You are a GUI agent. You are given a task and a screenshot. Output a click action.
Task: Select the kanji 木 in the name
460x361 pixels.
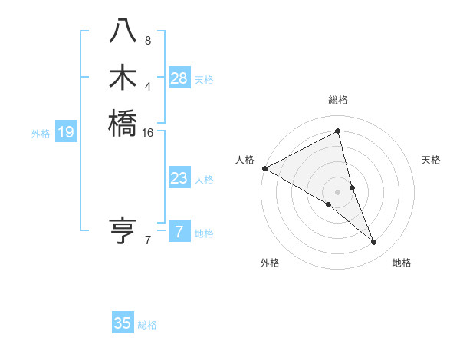click(x=123, y=77)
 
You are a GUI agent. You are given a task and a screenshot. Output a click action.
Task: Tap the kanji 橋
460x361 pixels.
click(x=123, y=123)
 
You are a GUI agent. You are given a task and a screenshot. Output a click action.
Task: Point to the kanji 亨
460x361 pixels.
click(x=123, y=230)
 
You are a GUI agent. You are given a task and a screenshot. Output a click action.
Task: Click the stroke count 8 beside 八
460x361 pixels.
click(x=148, y=40)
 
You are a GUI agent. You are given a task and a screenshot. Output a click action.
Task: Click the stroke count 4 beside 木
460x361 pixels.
click(x=148, y=85)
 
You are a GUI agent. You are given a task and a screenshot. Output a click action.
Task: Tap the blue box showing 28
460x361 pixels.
click(x=179, y=78)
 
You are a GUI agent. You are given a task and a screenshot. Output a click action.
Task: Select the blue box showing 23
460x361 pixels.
click(x=179, y=178)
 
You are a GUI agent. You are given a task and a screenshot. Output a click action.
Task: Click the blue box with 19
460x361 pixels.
click(x=66, y=133)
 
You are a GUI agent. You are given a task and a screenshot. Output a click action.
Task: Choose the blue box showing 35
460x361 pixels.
click(x=123, y=323)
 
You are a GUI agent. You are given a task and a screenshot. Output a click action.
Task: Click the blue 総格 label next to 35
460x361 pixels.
click(x=147, y=325)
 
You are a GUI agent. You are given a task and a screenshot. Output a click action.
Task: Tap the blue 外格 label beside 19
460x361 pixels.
click(x=41, y=134)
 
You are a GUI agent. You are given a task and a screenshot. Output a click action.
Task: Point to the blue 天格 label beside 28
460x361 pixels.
click(x=204, y=79)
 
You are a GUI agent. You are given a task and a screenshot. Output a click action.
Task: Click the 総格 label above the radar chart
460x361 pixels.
click(x=338, y=100)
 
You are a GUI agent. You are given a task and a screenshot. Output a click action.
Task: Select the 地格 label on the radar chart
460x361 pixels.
click(x=402, y=263)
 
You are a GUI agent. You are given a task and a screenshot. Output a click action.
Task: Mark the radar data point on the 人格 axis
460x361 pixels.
click(x=264, y=168)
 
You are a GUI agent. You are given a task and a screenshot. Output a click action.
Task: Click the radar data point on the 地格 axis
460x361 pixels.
click(x=374, y=243)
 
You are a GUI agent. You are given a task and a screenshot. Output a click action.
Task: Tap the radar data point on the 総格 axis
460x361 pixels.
click(x=338, y=131)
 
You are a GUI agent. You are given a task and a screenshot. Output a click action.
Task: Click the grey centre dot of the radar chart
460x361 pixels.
click(x=338, y=191)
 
